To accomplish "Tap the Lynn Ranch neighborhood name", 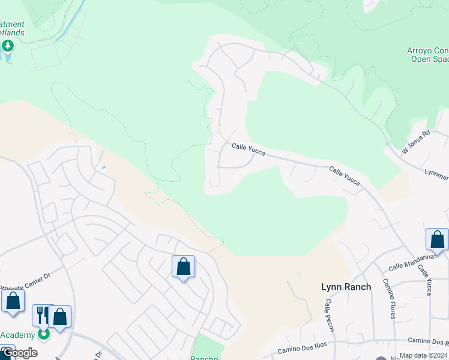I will tap(346, 287).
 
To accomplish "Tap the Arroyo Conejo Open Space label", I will tap(429, 54).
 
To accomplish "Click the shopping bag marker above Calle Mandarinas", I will tap(437, 239).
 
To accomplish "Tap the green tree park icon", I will tap(8, 46).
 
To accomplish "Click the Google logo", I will tap(19, 353).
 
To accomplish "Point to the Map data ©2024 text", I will tap(423, 356).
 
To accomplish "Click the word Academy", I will tap(18, 335).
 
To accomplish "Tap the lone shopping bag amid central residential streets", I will tap(183, 266).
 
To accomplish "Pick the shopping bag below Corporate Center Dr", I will tap(13, 301).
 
